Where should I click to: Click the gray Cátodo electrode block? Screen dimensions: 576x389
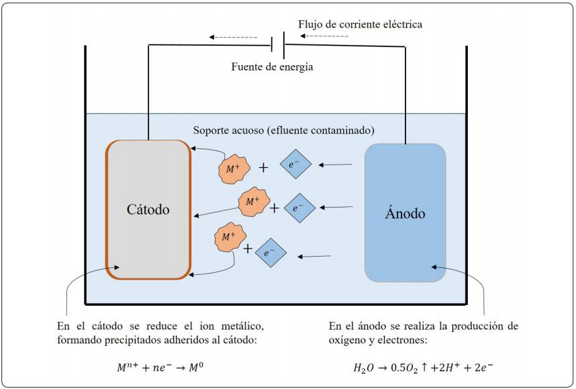tap(148, 210)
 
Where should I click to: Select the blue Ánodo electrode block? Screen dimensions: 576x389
tap(405, 213)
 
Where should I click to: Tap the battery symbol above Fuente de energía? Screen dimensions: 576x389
tap(278, 45)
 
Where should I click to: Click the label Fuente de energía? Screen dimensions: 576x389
tap(272, 67)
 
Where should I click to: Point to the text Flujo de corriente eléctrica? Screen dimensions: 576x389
tap(360, 24)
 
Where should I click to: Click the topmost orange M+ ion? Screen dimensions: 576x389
tap(234, 169)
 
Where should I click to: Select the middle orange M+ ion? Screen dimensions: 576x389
tap(254, 202)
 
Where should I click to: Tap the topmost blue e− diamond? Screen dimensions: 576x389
tap(295, 164)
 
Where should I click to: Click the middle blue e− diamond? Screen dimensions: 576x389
tap(299, 208)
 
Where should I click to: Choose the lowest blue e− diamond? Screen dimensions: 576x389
tap(271, 253)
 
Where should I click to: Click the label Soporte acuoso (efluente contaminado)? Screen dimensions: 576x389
tap(283, 130)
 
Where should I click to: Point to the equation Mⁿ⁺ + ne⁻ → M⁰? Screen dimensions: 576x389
tap(160, 367)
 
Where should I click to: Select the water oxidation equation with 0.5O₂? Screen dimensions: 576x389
tap(423, 368)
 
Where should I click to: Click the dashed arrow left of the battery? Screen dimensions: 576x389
tap(233, 37)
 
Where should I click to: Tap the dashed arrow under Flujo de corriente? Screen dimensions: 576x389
tap(324, 36)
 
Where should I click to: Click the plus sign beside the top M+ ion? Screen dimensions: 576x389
tap(263, 168)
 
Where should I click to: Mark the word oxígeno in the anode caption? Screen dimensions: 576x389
tap(346, 340)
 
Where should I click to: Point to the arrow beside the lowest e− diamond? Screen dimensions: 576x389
tap(314, 256)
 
